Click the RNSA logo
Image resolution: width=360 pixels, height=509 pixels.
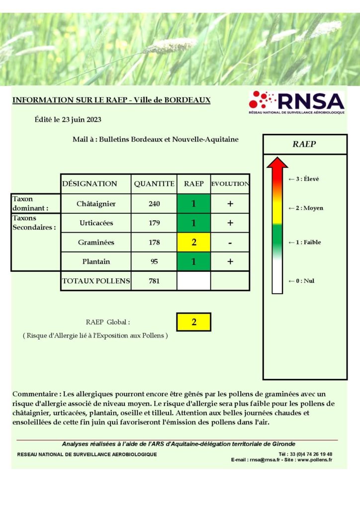296,102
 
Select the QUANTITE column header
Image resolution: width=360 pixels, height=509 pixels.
154,183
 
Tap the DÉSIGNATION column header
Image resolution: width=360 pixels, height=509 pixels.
90,183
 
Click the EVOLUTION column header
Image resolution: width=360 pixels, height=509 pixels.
230,183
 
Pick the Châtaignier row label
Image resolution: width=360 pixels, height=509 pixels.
96,203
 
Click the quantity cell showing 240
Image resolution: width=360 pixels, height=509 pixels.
154,203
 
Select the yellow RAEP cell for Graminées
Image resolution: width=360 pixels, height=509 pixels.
193,243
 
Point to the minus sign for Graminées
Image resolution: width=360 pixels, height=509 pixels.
230,243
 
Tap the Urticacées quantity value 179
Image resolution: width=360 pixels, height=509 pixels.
154,223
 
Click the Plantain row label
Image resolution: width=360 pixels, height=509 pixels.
96,261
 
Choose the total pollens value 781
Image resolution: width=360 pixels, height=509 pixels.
154,281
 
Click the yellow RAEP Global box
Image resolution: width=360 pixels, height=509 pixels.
193,322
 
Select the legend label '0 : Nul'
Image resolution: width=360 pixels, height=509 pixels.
304,281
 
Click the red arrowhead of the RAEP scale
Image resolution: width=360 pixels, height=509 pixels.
277,163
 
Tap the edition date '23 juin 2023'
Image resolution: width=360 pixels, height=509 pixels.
83,119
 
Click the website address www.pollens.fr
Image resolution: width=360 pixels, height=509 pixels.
315,460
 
